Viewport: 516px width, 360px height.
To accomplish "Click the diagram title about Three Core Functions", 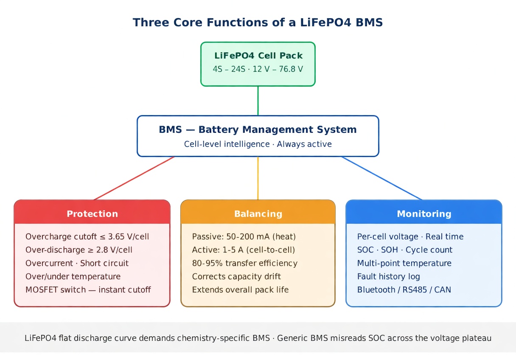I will (x=258, y=22).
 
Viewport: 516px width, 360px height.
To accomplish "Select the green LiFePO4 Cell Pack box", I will (x=258, y=64).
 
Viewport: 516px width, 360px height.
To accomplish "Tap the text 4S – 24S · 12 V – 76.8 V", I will (x=258, y=69).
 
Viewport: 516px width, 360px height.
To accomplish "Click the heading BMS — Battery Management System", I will (x=258, y=129).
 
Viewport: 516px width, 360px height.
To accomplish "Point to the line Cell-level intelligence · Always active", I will (x=258, y=144).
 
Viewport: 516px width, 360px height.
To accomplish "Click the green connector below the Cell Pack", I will (x=258, y=101).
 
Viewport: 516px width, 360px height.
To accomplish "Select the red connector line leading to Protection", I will (x=134, y=178).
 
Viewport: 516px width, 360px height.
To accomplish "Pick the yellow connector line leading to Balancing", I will (x=258, y=178).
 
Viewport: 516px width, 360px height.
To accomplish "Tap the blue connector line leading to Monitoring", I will (x=382, y=178).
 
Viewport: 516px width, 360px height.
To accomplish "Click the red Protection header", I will (x=92, y=214).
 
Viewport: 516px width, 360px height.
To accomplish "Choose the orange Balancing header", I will (x=258, y=214).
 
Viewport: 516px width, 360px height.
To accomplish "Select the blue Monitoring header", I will (x=424, y=214).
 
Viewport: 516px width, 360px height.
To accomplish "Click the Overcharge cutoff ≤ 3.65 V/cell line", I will (x=87, y=236).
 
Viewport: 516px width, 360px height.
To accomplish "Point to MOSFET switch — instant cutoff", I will (x=88, y=290).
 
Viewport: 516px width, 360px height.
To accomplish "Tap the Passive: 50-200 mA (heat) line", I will (x=244, y=236).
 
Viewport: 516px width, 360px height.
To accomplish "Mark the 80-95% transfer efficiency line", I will (x=245, y=263).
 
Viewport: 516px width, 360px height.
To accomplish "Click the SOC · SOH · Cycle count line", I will (x=405, y=250).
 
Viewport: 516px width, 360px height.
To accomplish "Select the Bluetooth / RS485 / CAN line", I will (x=404, y=290).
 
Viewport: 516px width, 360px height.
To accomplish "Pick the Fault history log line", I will (x=389, y=277).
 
